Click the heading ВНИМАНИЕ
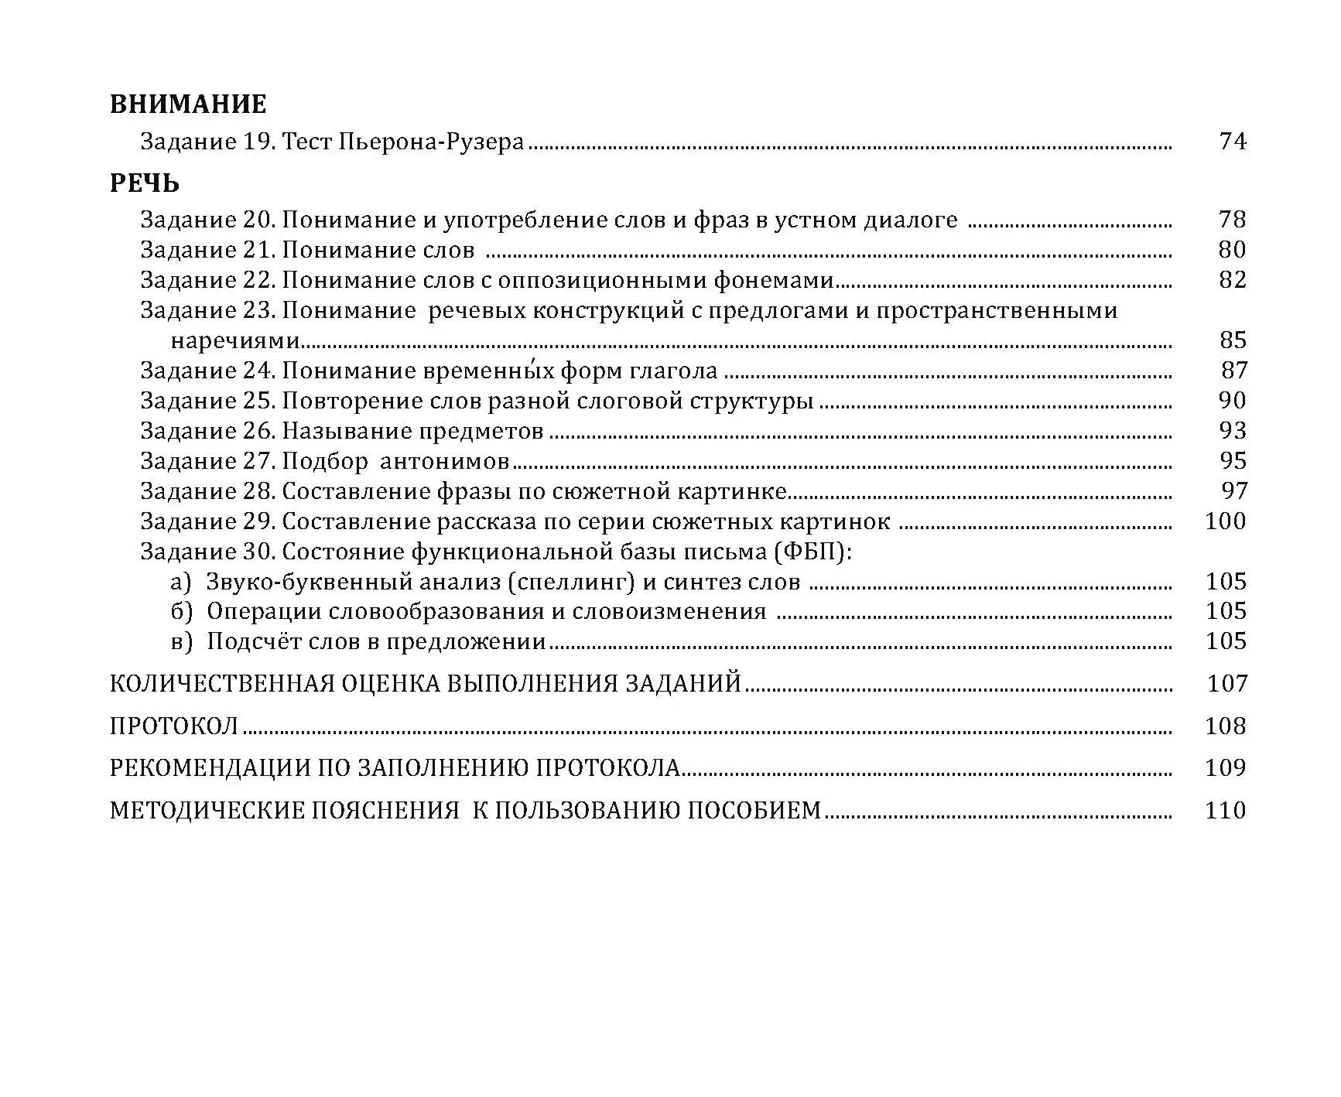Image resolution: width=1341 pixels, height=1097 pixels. [x=188, y=104]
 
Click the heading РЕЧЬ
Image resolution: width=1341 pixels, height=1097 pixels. [x=145, y=183]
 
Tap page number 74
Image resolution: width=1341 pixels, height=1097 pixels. [x=1233, y=142]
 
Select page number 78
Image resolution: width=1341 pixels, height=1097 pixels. [x=1233, y=220]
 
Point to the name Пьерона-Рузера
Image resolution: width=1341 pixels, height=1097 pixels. [x=432, y=142]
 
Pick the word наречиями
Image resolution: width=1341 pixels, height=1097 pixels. [x=234, y=340]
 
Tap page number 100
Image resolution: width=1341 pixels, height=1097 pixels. [x=1226, y=521]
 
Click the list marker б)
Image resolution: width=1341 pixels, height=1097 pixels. [x=181, y=612]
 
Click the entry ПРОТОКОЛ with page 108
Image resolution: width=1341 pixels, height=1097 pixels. [x=174, y=726]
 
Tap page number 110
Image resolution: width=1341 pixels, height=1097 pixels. [x=1226, y=811]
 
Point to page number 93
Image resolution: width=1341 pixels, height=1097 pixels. [x=1233, y=431]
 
